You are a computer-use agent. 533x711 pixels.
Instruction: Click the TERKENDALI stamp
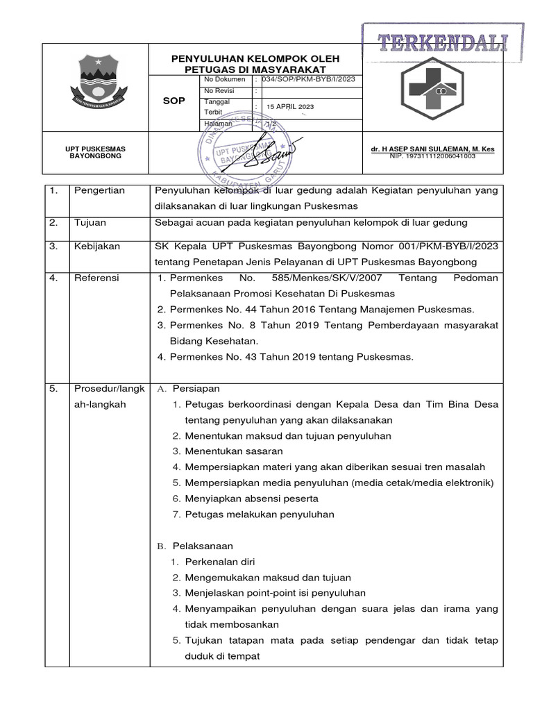[x=443, y=43]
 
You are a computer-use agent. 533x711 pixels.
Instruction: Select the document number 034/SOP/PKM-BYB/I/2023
[x=308, y=80]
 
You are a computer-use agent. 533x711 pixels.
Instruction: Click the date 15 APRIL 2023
[x=290, y=106]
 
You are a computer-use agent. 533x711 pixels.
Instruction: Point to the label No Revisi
[x=219, y=91]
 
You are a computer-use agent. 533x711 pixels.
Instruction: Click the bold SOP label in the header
[x=174, y=101]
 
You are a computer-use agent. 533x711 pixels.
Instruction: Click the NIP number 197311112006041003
[x=432, y=157]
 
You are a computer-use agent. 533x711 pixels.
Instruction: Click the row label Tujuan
[x=90, y=222]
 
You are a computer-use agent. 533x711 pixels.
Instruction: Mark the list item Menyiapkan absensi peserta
[x=251, y=499]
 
